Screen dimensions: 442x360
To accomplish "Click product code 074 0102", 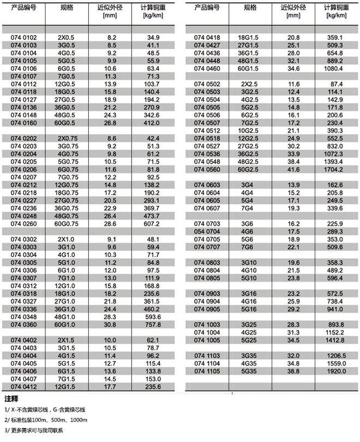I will (x=24, y=37).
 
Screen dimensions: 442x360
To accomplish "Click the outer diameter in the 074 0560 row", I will (x=294, y=170).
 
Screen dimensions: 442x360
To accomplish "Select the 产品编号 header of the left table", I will (x=23, y=8).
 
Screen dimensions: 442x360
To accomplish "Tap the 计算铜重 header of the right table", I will (x=335, y=8).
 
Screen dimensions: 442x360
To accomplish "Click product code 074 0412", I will (x=24, y=387).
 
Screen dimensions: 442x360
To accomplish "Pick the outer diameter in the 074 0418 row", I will (x=294, y=37).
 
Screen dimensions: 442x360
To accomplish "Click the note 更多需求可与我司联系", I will (x=36, y=431).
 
